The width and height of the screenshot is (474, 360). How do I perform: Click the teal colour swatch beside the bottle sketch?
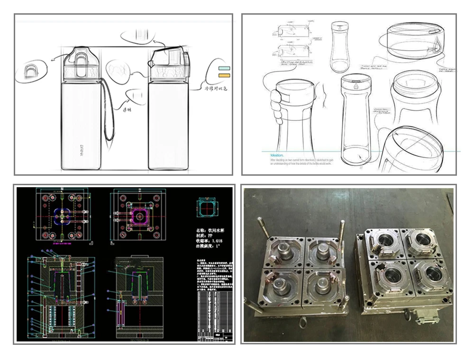pyautogui.click(x=223, y=68)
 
